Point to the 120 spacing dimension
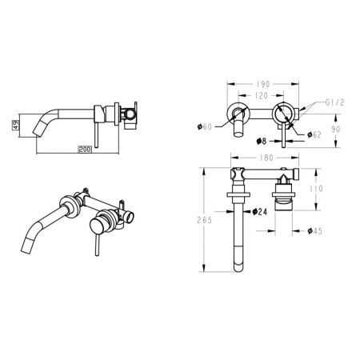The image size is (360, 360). (x=258, y=94)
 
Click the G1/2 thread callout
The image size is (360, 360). (x=313, y=102)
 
